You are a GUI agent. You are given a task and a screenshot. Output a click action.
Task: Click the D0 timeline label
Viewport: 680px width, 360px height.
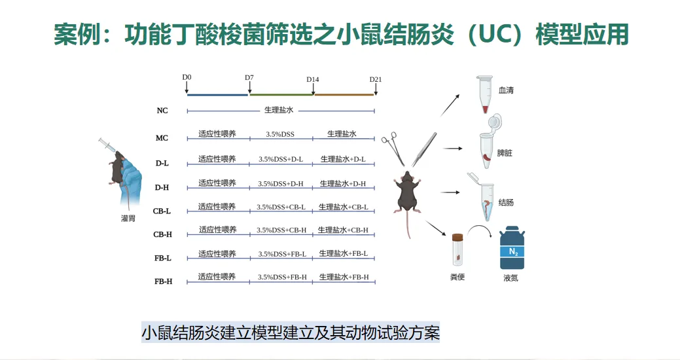click(187, 77)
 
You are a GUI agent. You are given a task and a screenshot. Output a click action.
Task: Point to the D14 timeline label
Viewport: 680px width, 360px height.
click(313, 79)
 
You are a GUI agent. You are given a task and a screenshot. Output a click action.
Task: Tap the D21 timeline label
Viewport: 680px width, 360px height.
click(375, 79)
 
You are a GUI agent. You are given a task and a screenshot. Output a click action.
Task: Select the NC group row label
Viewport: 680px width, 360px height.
click(162, 111)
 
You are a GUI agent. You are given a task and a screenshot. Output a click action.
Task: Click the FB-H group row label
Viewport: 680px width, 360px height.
click(163, 281)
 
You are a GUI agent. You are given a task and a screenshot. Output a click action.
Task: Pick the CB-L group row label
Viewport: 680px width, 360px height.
click(162, 211)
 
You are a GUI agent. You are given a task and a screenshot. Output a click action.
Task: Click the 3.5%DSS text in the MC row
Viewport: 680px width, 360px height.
click(280, 134)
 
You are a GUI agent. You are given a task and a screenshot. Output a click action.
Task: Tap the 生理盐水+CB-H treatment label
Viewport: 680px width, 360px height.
click(343, 230)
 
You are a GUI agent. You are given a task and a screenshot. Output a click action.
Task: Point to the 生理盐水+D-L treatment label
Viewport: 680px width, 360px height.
click(343, 159)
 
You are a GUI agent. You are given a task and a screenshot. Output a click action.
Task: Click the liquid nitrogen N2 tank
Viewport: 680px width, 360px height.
click(512, 249)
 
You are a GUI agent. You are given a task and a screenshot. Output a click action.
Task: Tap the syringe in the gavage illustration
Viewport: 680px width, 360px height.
click(109, 147)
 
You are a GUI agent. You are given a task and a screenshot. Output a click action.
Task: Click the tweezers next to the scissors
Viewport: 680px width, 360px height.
click(424, 149)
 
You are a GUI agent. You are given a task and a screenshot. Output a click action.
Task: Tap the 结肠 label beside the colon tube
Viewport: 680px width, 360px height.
click(506, 202)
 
